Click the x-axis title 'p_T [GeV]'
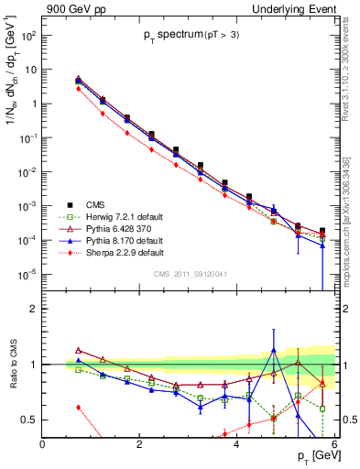pyautogui.click(x=312, y=456)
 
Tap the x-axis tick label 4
pyautogui.click(x=236, y=443)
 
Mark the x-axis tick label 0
pyautogui.click(x=42, y=443)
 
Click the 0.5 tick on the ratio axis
pyautogui.click(x=29, y=420)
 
